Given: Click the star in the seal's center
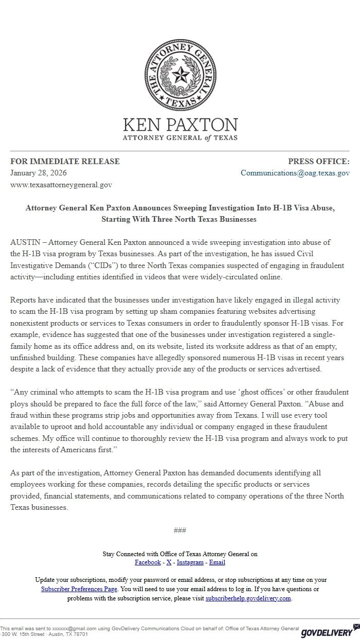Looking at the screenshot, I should pyautogui.click(x=180, y=76).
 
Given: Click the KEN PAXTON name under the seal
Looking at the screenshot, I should pyautogui.click(x=180, y=125).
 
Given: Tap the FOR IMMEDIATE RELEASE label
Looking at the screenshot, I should pyautogui.click(x=65, y=162).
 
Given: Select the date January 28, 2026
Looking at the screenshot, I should pyautogui.click(x=39, y=173).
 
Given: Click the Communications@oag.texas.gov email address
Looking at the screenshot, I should pyautogui.click(x=295, y=173).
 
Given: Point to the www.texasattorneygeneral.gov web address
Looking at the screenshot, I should pyautogui.click(x=61, y=184).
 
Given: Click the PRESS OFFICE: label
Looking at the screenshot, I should pyautogui.click(x=318, y=162).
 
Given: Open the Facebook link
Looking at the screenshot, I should pyautogui.click(x=148, y=562).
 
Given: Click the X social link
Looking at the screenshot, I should pyautogui.click(x=169, y=562).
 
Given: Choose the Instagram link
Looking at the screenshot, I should pyautogui.click(x=190, y=562).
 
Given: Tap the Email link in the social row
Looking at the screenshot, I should pyautogui.click(x=217, y=562).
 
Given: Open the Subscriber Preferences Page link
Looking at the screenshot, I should pyautogui.click(x=79, y=589).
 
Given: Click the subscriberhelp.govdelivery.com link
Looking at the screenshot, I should pyautogui.click(x=248, y=598).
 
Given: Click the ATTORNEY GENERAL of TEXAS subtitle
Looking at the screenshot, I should pyautogui.click(x=180, y=138).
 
